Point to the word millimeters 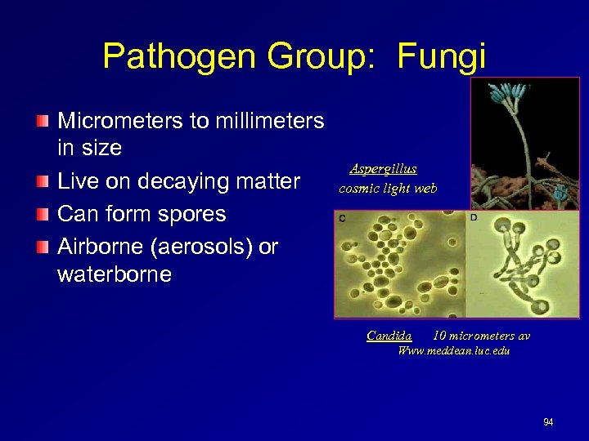[268, 122]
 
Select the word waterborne [115, 274]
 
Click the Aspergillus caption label [384, 169]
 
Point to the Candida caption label [389, 336]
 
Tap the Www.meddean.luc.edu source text [453, 350]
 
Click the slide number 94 [548, 422]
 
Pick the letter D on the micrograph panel [474, 218]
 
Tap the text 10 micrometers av [481, 336]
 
